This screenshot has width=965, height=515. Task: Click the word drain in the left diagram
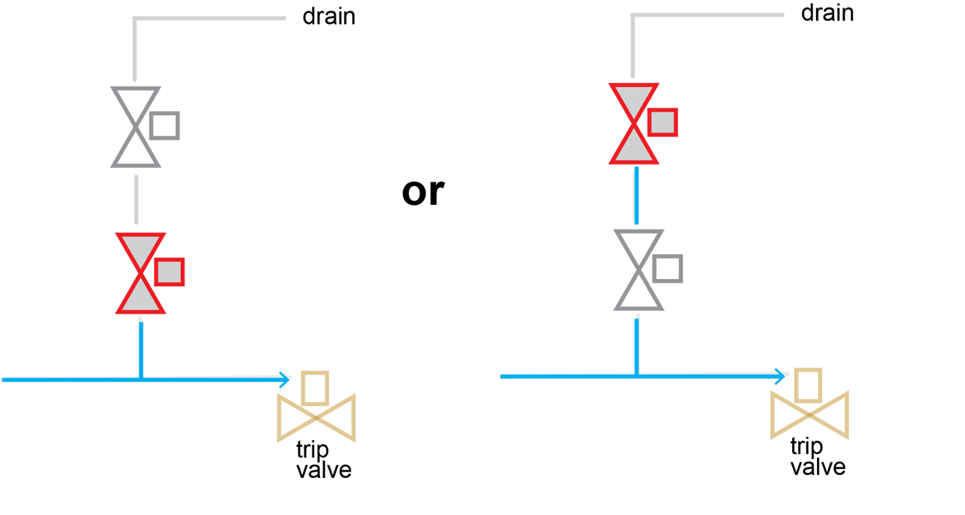(329, 16)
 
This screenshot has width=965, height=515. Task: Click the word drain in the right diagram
(827, 13)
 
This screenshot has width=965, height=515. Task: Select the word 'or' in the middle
(423, 192)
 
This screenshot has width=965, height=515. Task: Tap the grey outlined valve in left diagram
(136, 126)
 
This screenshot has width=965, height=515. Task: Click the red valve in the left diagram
(141, 272)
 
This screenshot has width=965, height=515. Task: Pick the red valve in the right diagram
(633, 123)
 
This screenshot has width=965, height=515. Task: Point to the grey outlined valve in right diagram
(638, 269)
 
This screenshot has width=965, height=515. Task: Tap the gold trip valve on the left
(316, 416)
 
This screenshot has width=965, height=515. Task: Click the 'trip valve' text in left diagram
(323, 461)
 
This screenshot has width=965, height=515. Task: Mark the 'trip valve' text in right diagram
(817, 457)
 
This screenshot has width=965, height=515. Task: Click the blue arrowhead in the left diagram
(285, 379)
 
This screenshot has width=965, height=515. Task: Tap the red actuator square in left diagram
(169, 271)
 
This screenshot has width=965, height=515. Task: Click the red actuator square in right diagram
(662, 123)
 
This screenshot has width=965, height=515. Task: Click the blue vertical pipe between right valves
(637, 195)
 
